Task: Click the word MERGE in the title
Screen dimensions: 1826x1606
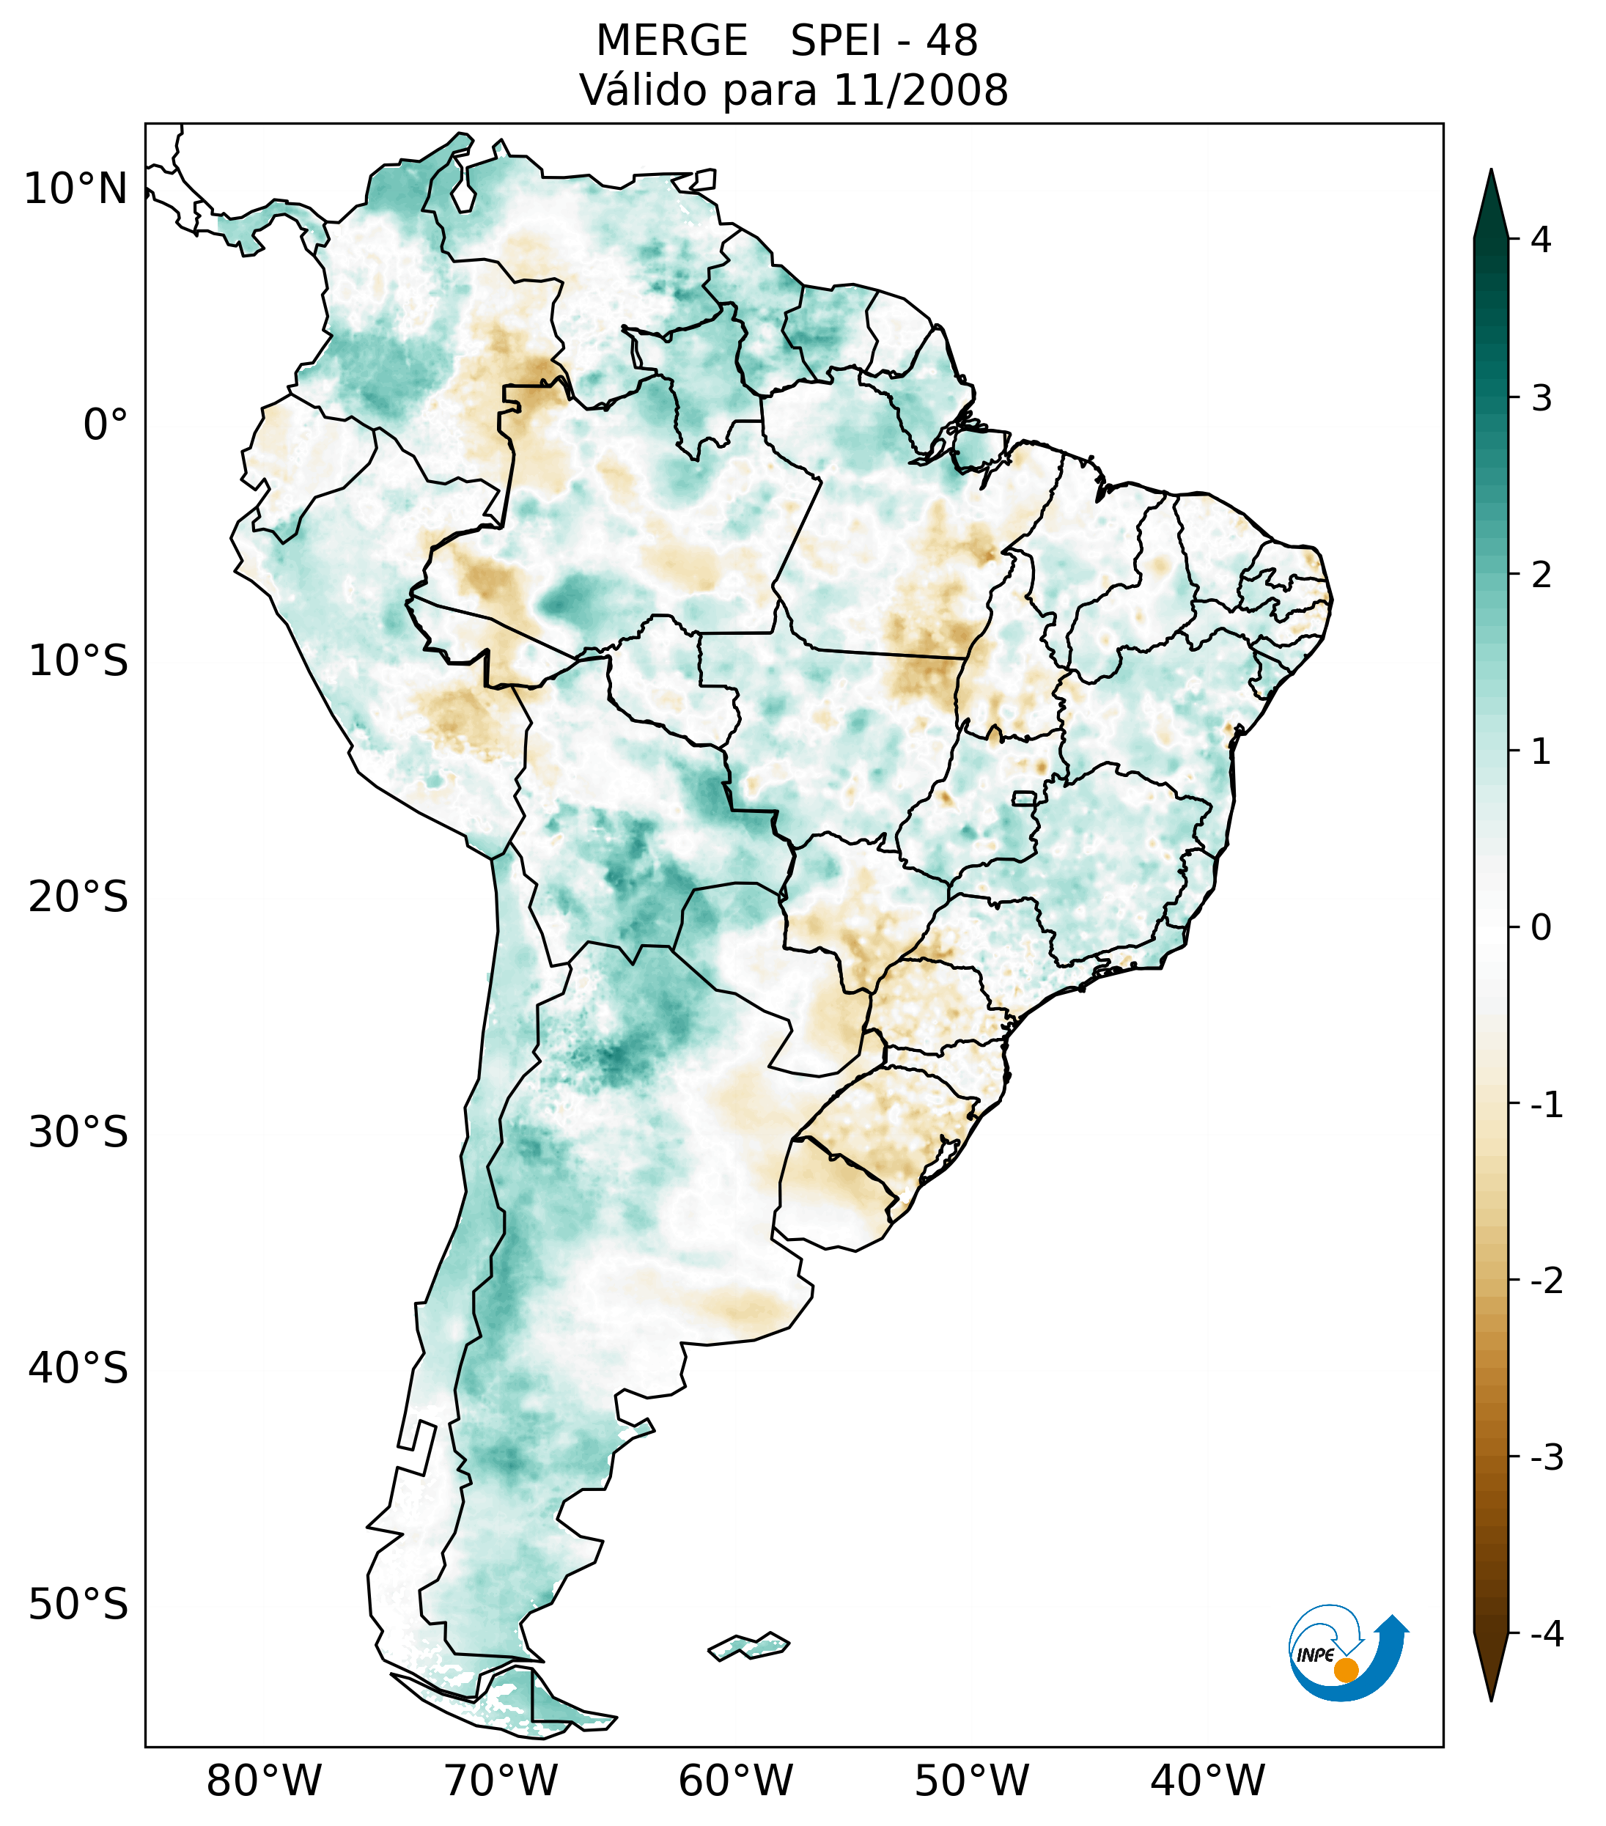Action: point(671,41)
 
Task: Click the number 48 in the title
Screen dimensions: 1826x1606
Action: point(951,41)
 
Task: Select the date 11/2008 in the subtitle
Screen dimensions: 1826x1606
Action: point(920,90)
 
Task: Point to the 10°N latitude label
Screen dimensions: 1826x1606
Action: point(75,189)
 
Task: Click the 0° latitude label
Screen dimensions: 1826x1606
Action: point(105,425)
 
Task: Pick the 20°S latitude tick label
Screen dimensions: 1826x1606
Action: point(78,897)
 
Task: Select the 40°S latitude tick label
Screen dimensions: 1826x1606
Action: point(78,1369)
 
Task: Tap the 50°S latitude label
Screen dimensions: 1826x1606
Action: point(78,1605)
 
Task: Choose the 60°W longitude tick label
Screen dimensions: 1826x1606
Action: point(735,1781)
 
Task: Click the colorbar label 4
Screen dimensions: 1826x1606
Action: point(1541,240)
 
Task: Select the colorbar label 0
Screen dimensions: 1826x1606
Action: point(1541,928)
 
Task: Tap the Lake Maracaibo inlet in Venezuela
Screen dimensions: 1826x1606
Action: point(462,188)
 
